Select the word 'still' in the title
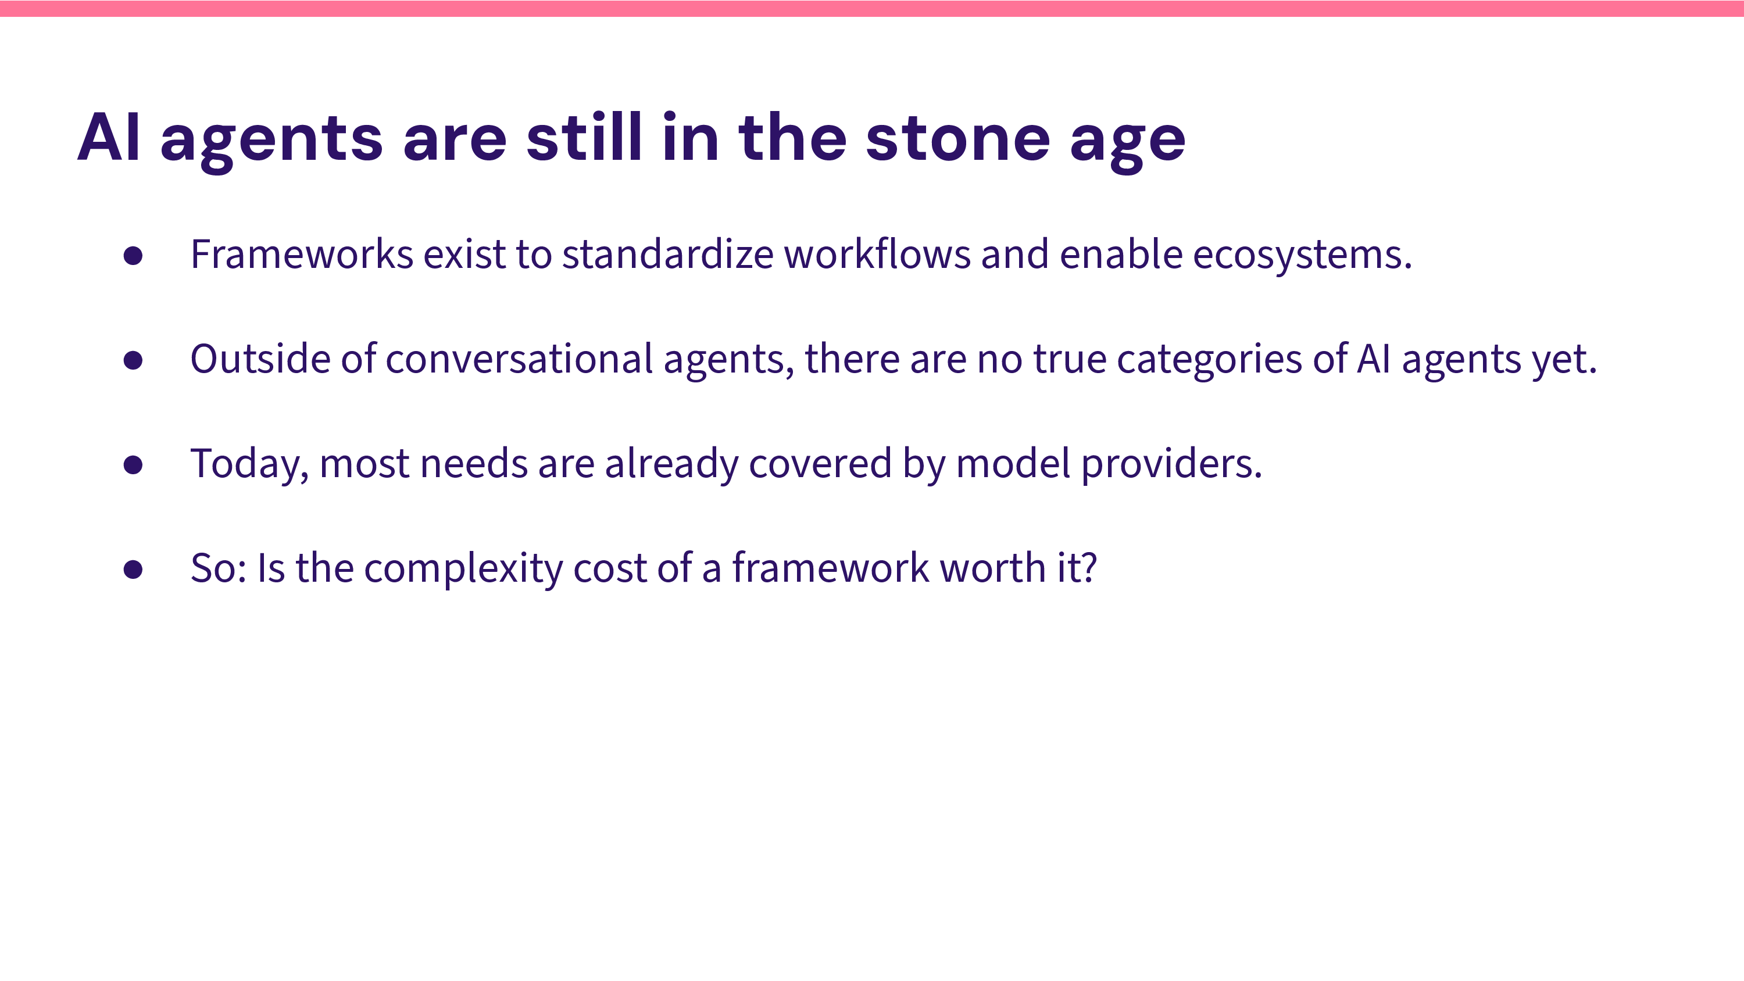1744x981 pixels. [x=584, y=136]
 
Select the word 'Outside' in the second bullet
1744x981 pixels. [x=260, y=358]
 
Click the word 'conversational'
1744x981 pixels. [x=519, y=358]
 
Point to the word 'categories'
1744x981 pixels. [x=1209, y=360]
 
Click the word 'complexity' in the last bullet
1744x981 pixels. [x=464, y=569]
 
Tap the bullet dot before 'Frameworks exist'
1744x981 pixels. [x=133, y=256]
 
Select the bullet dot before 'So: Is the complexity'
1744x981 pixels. [x=133, y=570]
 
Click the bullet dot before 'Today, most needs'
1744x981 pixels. [x=133, y=465]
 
